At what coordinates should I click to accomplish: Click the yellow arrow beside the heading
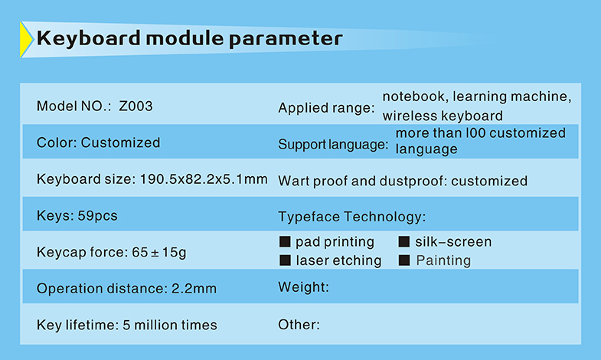[x=26, y=40]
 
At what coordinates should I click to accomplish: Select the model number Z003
[x=136, y=106]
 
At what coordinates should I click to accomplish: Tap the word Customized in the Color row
[x=120, y=142]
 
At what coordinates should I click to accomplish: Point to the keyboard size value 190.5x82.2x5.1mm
[x=204, y=179]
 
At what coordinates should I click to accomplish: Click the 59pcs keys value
[x=97, y=216]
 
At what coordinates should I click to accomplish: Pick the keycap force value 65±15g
[x=159, y=252]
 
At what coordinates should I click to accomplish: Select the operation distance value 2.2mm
[x=194, y=288]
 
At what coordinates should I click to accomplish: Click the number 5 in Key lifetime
[x=126, y=325]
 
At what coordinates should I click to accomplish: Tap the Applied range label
[x=327, y=108]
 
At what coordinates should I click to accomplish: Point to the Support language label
[x=333, y=145]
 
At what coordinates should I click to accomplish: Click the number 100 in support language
[x=475, y=133]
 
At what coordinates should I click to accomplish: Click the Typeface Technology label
[x=352, y=217]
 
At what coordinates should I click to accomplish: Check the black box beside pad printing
[x=285, y=241]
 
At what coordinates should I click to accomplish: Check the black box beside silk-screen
[x=404, y=241]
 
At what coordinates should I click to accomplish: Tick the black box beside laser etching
[x=285, y=260]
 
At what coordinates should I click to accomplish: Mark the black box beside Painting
[x=404, y=260]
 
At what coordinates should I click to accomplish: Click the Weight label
[x=304, y=287]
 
